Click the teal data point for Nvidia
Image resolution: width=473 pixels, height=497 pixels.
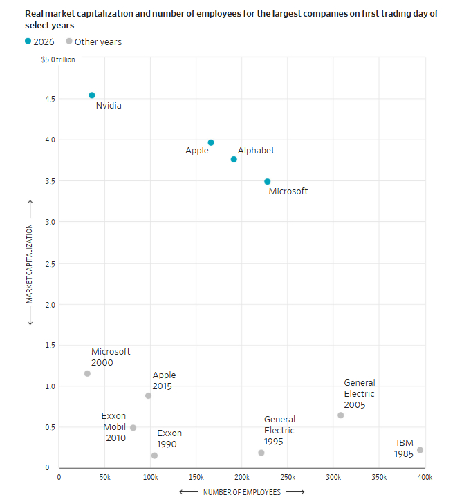tap(92, 95)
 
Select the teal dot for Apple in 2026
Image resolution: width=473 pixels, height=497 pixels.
tap(211, 143)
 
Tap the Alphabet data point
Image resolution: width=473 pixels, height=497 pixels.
tap(234, 159)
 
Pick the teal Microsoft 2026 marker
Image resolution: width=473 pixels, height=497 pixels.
tap(268, 182)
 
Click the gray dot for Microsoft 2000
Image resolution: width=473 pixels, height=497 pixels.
tap(87, 373)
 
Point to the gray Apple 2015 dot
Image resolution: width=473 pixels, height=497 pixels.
tap(148, 395)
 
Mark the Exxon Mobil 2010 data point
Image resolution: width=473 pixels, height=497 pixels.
tap(133, 428)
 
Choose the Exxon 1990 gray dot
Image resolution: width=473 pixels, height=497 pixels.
tap(154, 456)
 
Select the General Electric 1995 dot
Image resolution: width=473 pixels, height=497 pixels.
tap(261, 453)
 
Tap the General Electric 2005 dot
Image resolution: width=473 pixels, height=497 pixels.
tap(340, 415)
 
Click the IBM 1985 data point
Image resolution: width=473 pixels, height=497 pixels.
tap(420, 450)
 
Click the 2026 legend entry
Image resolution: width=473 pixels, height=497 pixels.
tap(39, 41)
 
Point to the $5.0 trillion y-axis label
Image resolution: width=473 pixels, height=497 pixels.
tap(58, 59)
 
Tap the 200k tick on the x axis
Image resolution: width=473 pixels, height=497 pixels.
tap(242, 477)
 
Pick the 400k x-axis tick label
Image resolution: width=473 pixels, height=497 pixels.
tap(425, 477)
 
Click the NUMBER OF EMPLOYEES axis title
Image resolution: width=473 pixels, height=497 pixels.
tap(241, 492)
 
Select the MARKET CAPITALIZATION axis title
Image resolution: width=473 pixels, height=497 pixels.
tap(30, 263)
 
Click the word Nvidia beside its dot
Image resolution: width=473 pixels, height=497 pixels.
tap(109, 106)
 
